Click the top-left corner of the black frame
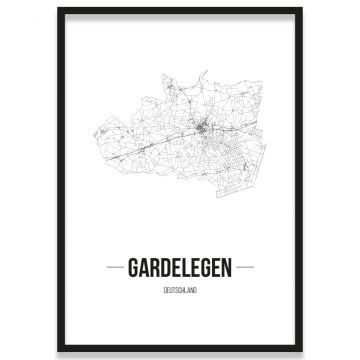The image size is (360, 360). point(58,8)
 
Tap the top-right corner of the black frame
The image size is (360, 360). point(301,8)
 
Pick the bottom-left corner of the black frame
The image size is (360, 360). point(58,351)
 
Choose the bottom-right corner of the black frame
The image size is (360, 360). point(301,351)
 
